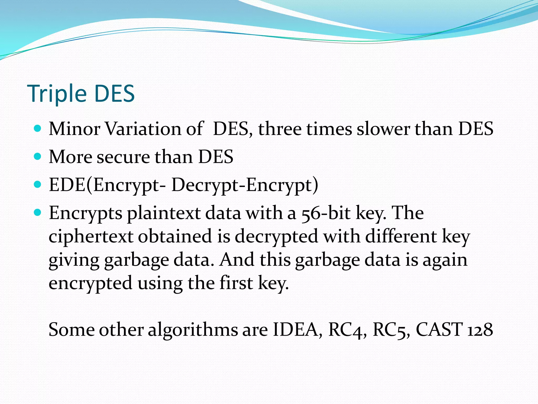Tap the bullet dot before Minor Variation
[x=38, y=129]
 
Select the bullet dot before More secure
[x=38, y=157]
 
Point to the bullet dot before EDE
[x=38, y=185]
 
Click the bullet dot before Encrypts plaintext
[x=38, y=213]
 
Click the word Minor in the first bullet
[x=75, y=129]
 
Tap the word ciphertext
[x=91, y=236]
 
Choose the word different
[x=401, y=236]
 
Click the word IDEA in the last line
[x=295, y=330]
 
